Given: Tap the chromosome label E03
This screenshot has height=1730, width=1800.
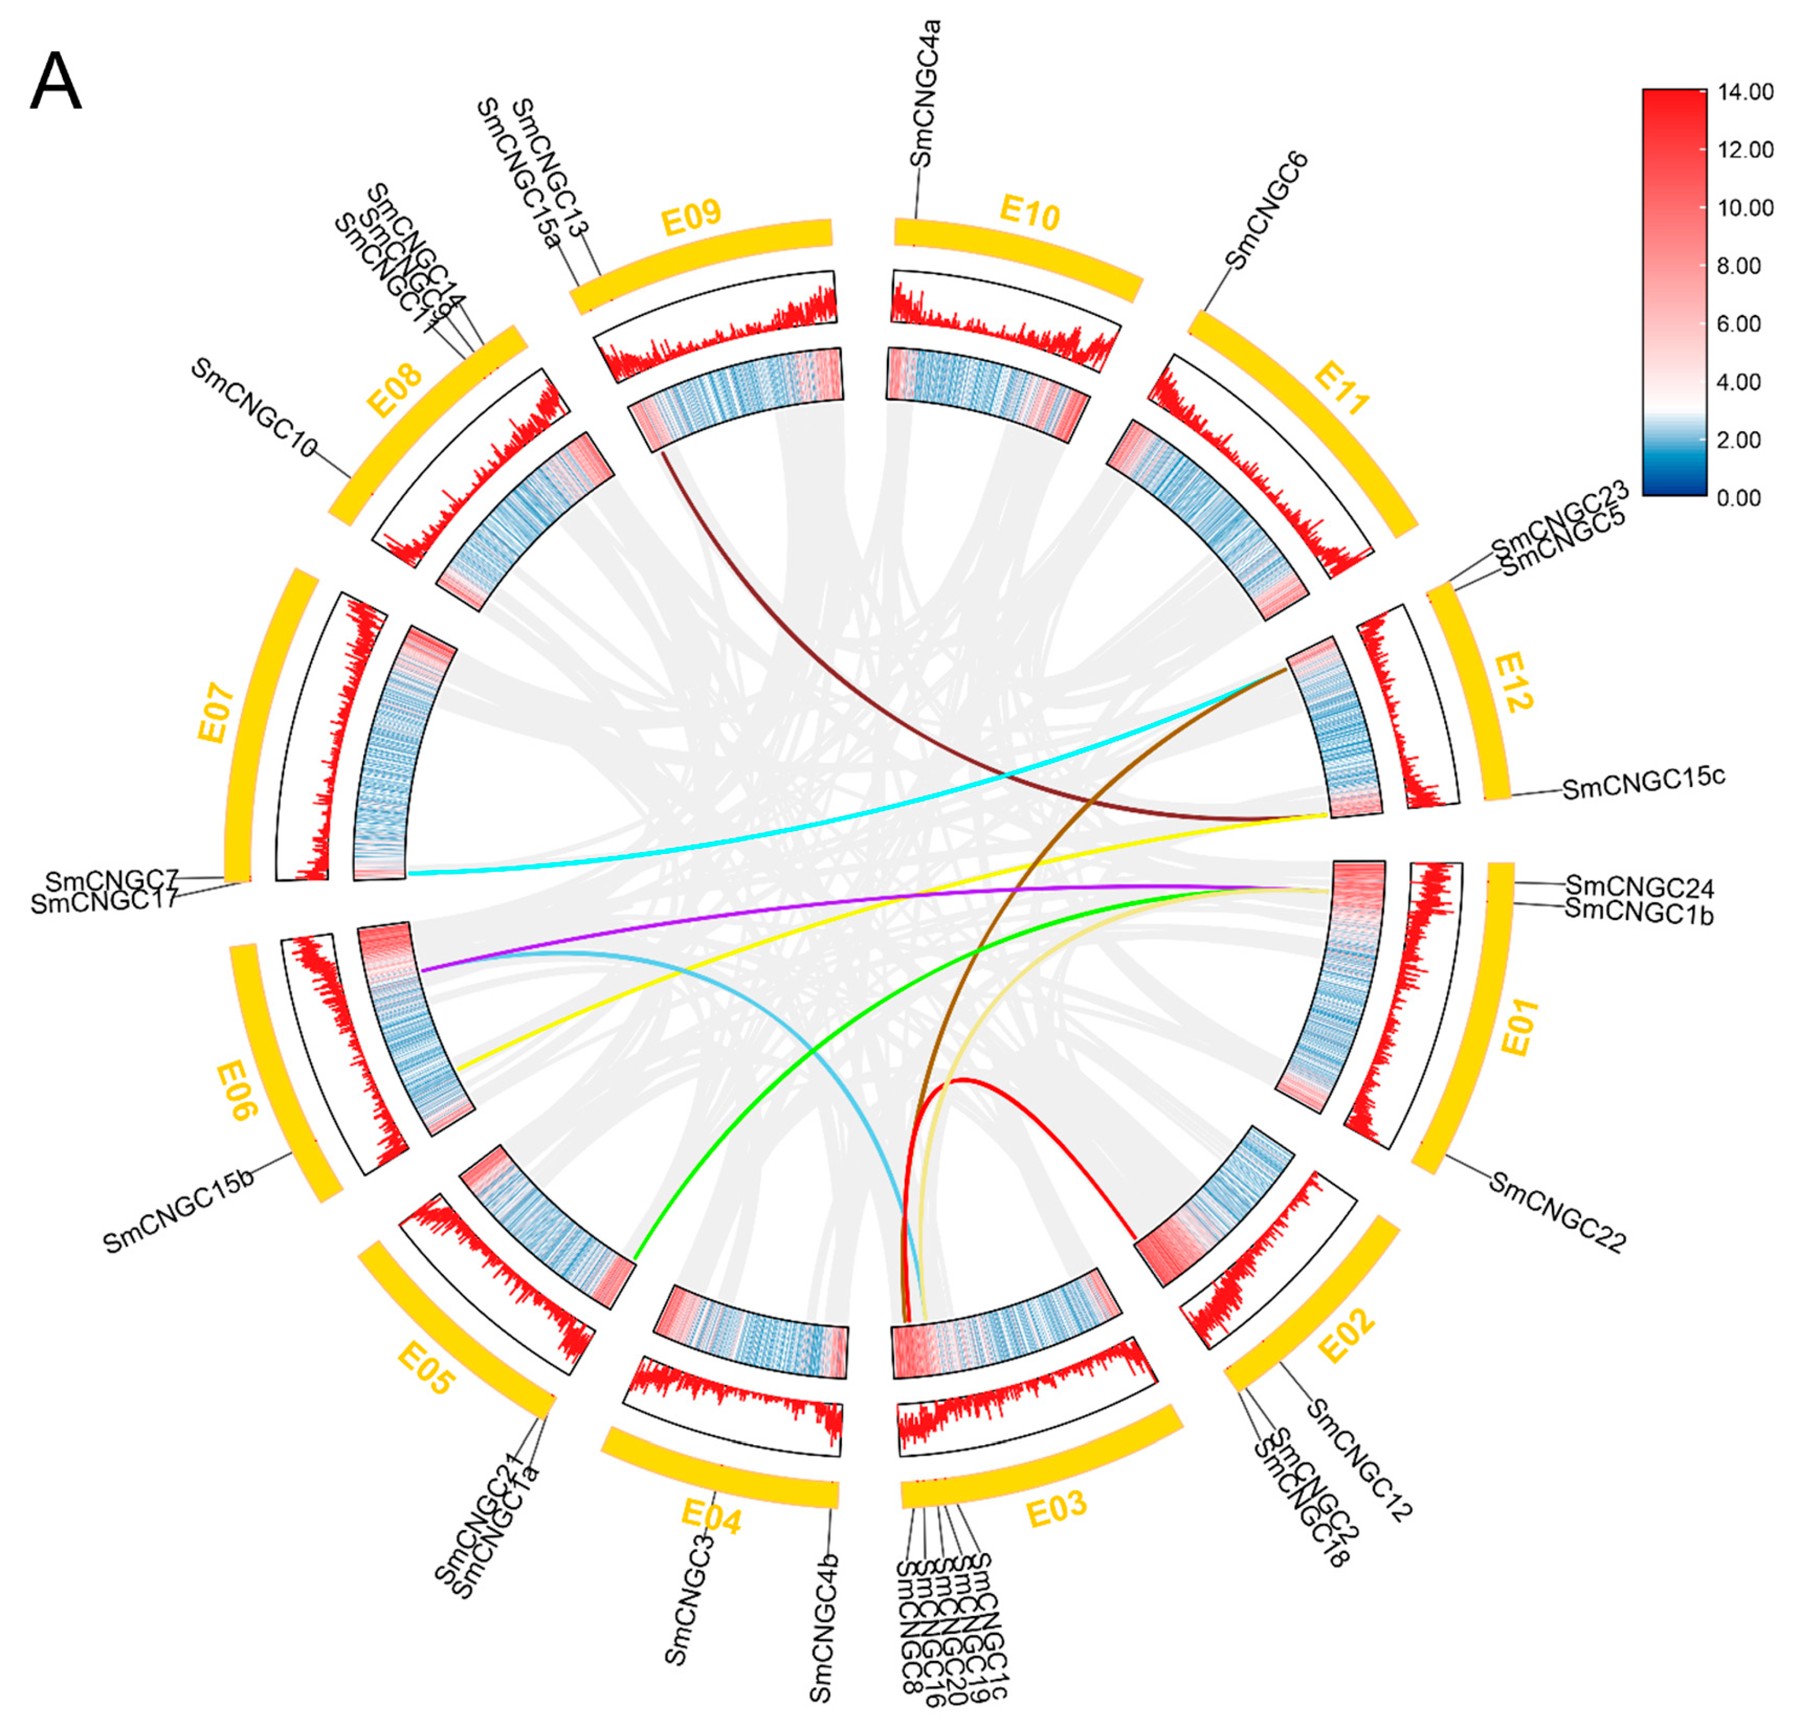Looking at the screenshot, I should [1056, 1509].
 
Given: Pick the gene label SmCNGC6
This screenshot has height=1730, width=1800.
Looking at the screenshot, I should [1268, 211].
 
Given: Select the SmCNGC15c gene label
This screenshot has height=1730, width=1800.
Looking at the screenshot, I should [1644, 782].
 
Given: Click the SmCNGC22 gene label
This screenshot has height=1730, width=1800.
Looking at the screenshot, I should [1557, 1212].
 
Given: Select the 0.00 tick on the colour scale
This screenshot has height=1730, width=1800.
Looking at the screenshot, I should [1740, 498].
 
